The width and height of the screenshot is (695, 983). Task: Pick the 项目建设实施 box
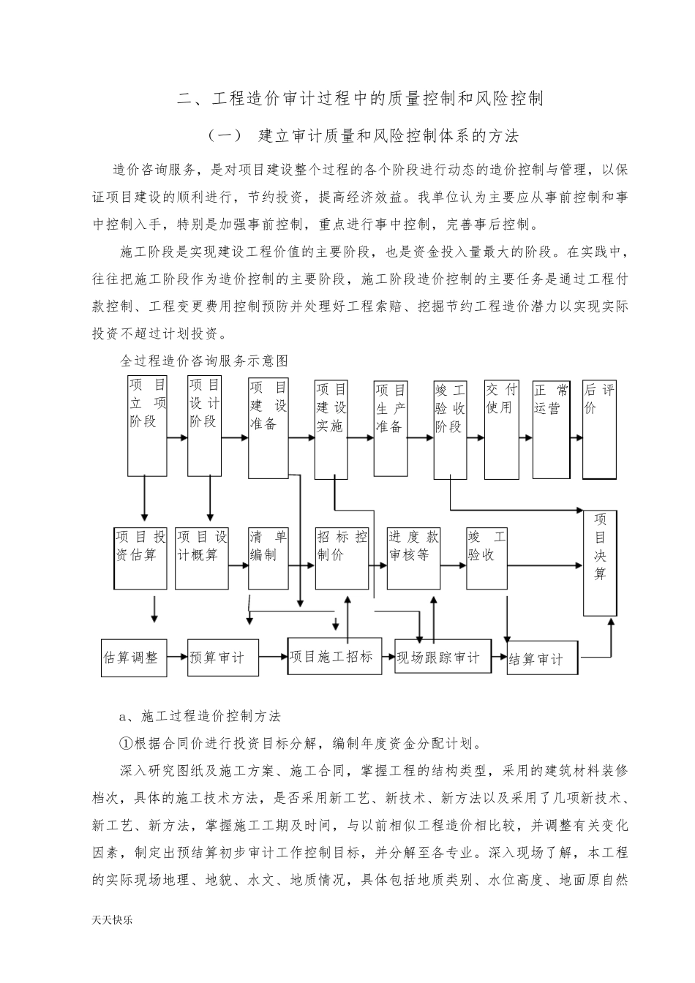331,429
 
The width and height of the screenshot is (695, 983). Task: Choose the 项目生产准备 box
391,427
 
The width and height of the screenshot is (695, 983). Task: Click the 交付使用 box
501,429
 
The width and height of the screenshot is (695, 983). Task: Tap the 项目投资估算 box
140,558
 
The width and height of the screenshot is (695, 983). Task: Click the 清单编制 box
268,558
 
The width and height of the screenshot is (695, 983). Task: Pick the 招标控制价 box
342,558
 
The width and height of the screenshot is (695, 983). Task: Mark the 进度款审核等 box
413,558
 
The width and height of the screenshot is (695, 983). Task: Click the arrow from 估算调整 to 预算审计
177,657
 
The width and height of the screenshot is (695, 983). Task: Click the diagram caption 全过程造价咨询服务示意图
204,361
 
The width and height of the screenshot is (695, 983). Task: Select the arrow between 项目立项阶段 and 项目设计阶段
177,438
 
